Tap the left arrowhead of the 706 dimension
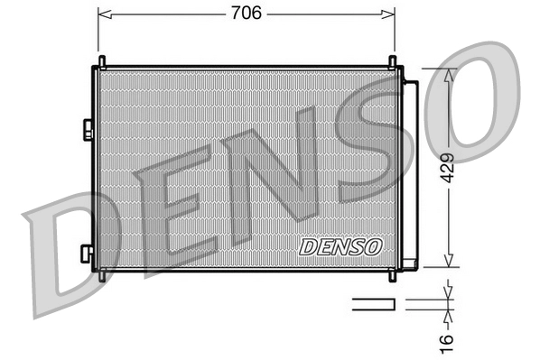[x=102, y=14]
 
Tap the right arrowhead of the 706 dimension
[x=389, y=14]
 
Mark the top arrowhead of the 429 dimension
[x=449, y=73]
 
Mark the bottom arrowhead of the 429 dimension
[x=449, y=262]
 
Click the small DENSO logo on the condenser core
[x=340, y=245]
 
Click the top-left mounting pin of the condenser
[x=101, y=62]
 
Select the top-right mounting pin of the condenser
[x=394, y=62]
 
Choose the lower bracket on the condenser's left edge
[x=87, y=254]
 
